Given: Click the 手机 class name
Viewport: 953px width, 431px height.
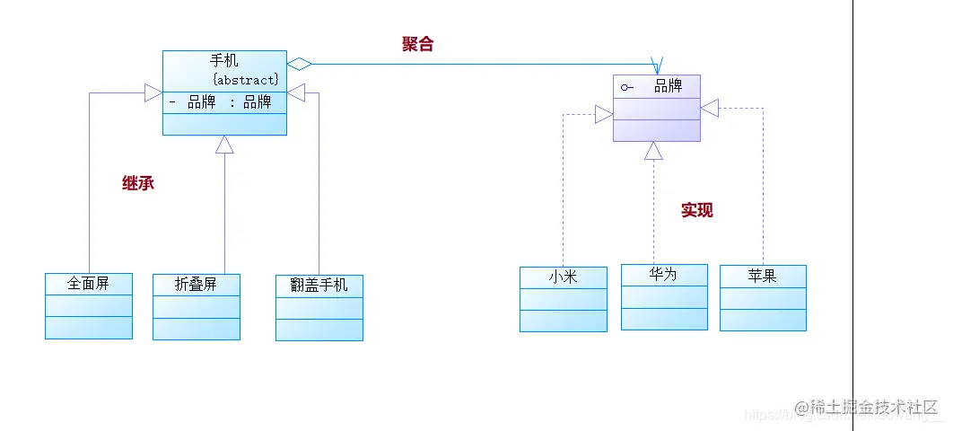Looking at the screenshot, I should (224, 61).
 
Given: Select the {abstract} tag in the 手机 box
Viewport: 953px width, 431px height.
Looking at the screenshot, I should (245, 80).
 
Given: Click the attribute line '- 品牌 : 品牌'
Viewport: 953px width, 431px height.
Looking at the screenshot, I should (221, 102).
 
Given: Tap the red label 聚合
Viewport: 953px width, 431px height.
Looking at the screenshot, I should (417, 44).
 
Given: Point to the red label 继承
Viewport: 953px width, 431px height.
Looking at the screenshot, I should (138, 183).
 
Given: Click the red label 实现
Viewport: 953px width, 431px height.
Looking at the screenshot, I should (696, 210).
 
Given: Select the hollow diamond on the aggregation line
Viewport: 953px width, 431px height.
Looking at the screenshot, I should (299, 63).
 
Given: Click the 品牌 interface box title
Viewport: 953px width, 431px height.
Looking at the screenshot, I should (668, 86).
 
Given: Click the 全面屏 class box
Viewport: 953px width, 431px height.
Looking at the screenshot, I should (89, 305).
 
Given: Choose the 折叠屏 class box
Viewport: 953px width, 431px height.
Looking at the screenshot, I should (197, 306).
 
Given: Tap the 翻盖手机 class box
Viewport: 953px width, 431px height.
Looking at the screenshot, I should (319, 307).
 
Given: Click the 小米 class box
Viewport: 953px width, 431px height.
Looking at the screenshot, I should (563, 298).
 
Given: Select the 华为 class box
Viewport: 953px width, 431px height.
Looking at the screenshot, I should (664, 296).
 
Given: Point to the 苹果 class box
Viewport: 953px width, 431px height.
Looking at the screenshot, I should (763, 297).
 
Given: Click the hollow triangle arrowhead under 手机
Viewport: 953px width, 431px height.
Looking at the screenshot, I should (224, 145).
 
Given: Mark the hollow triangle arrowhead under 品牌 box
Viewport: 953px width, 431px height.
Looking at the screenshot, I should (653, 151).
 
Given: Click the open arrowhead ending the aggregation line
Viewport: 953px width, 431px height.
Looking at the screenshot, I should (657, 66).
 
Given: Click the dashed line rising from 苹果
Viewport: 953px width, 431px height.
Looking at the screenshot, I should (764, 198).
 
